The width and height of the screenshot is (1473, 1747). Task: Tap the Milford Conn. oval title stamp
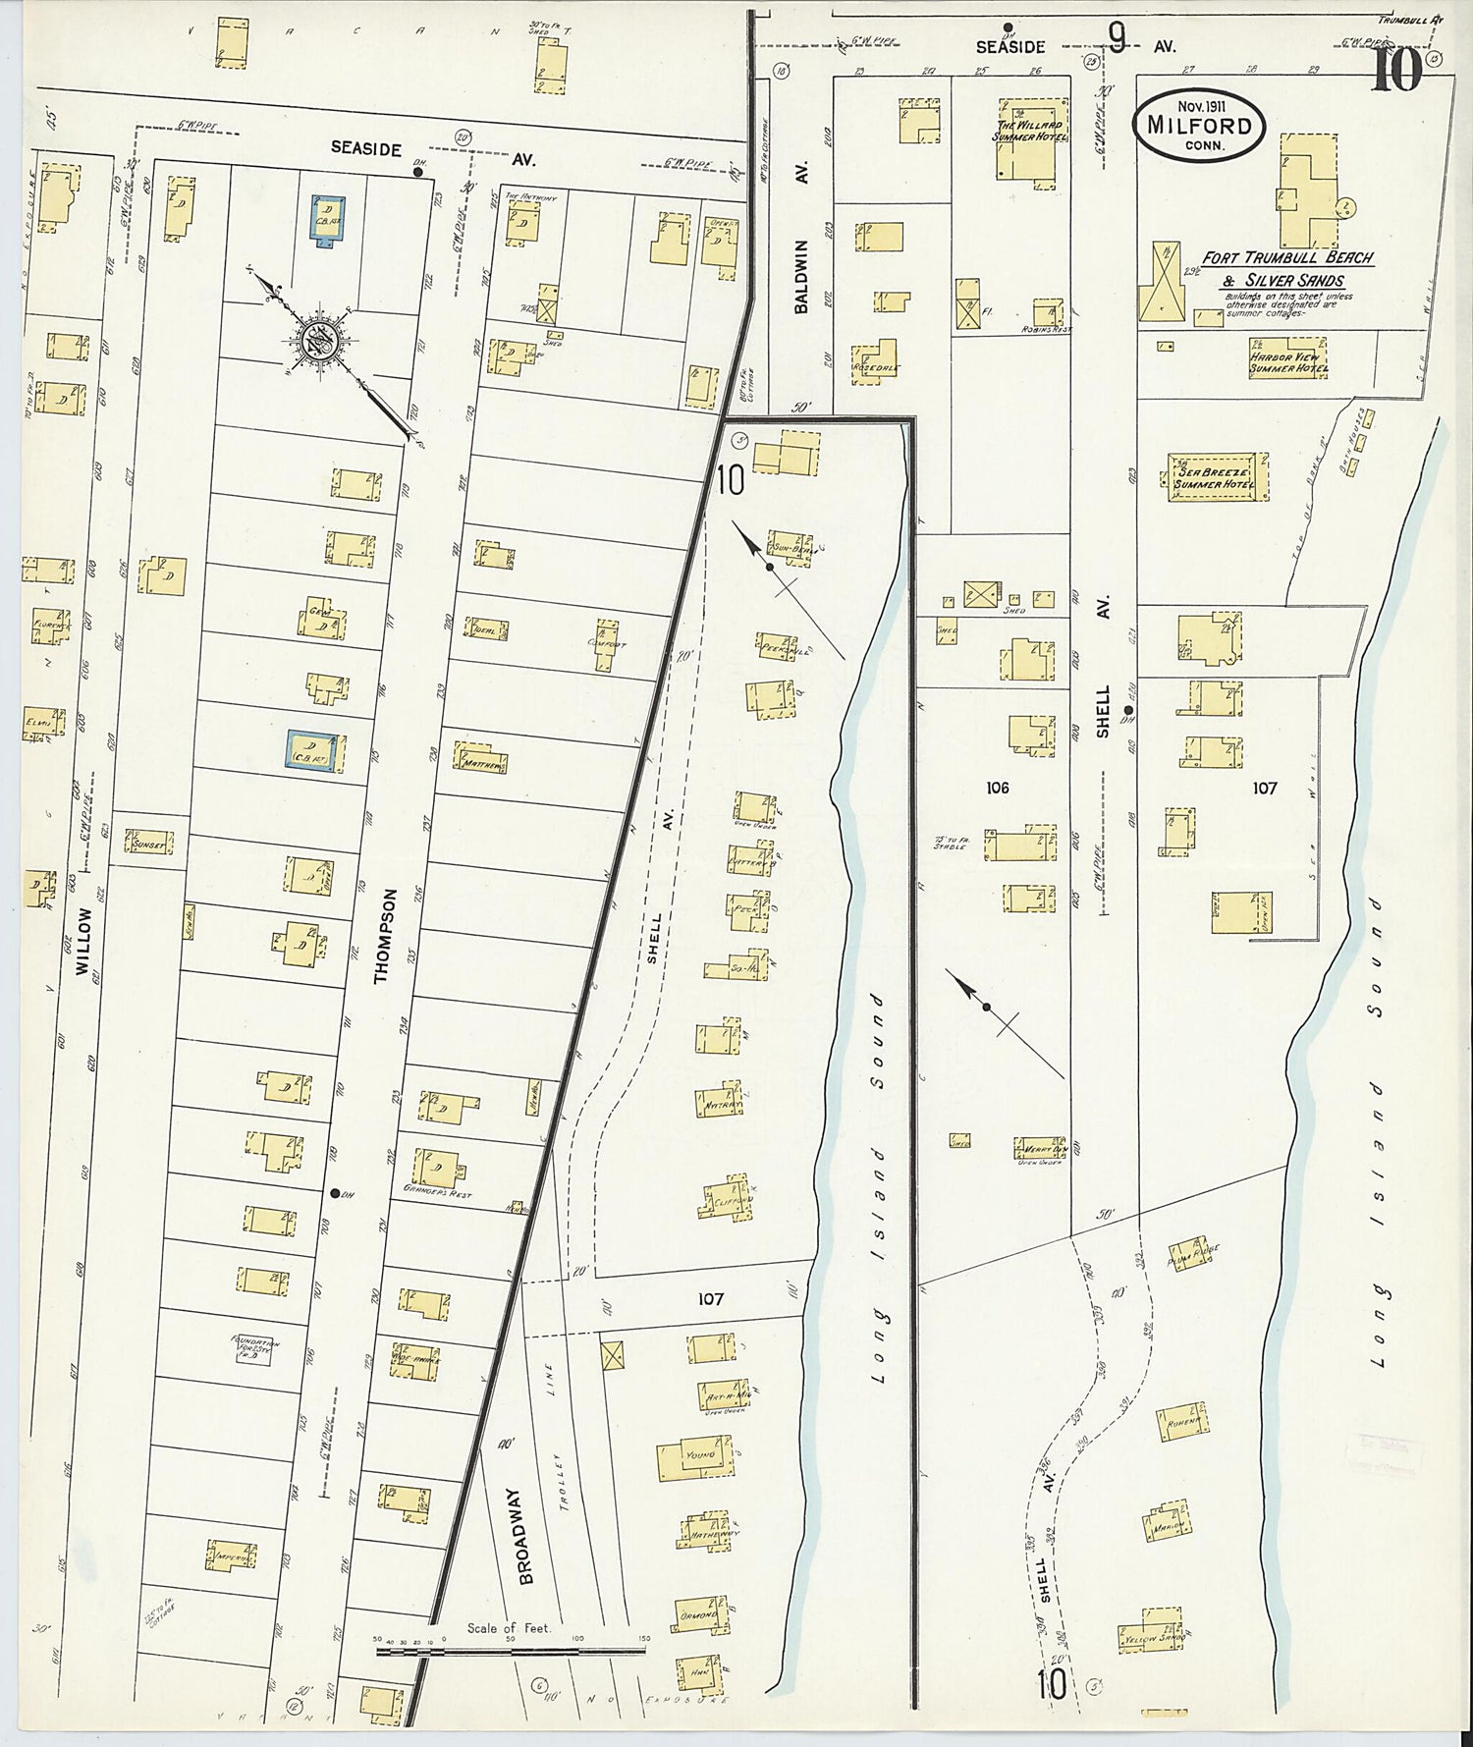(x=1199, y=125)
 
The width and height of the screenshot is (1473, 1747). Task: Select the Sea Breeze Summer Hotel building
(x=1217, y=478)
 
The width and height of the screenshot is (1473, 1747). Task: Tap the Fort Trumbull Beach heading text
(x=1287, y=258)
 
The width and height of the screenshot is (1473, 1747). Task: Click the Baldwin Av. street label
(x=801, y=276)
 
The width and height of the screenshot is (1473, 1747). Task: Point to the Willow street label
(x=82, y=940)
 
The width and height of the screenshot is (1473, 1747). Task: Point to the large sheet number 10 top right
(x=1396, y=71)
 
